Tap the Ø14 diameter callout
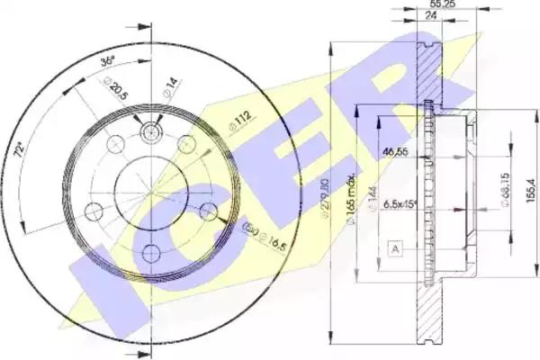tap(167, 87)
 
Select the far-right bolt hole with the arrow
tap(209, 211)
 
